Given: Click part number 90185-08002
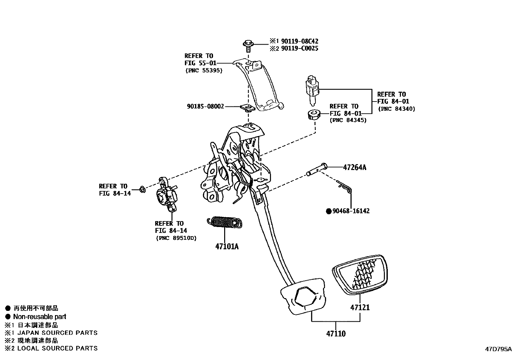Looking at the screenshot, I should click(206, 106).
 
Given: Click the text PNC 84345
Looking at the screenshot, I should click(348, 120).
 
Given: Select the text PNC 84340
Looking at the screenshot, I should click(396, 109).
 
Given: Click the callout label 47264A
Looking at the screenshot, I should click(354, 168).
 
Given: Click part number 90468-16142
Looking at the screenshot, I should click(351, 211).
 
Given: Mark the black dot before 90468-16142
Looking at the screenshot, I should click(329, 211).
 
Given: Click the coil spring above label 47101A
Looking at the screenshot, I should click(225, 222).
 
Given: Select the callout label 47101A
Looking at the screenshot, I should click(227, 247).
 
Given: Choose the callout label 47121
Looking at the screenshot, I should click(360, 308).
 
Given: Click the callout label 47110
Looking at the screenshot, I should click(336, 334).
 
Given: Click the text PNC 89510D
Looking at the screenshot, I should click(176, 238).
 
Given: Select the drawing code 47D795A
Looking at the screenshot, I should click(498, 349).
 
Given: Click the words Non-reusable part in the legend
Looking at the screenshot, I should click(40, 317).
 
